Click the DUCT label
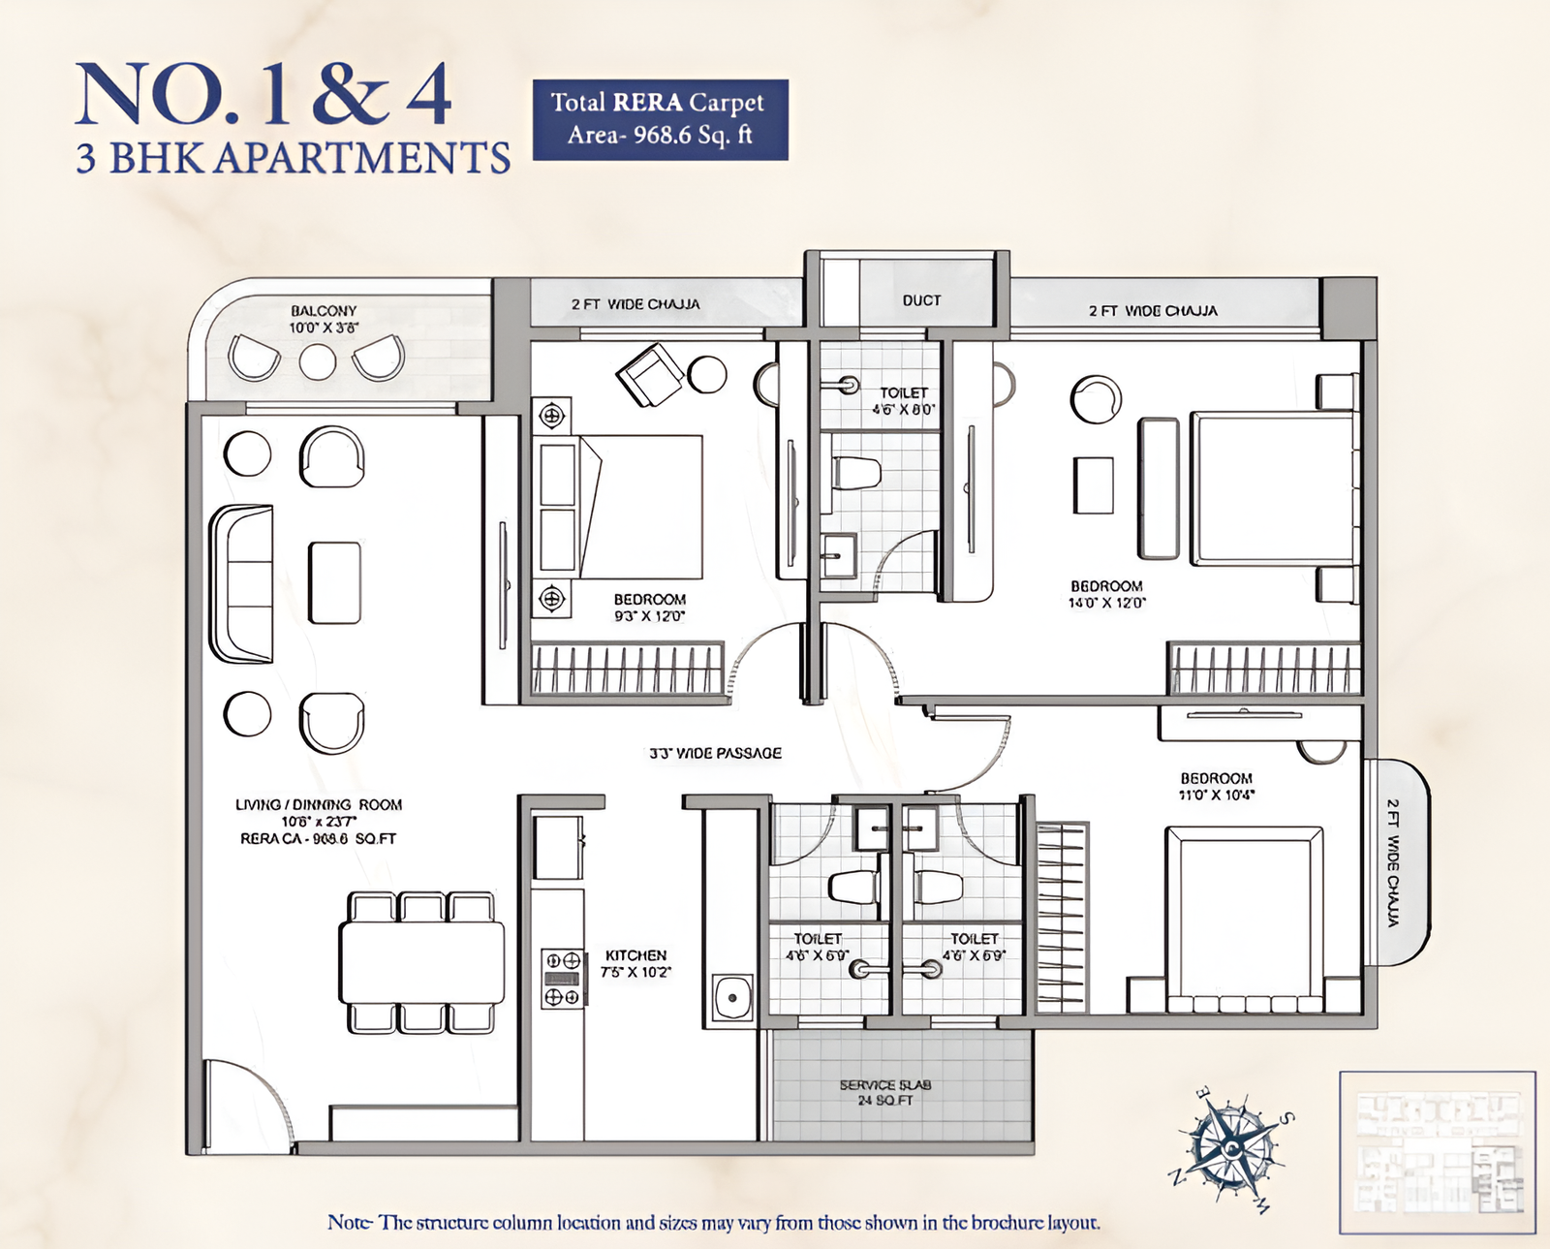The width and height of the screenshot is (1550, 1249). [x=921, y=300]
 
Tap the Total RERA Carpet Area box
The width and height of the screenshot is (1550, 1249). [x=660, y=119]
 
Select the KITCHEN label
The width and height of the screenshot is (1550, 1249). [x=635, y=955]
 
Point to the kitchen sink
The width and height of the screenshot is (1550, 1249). [x=732, y=997]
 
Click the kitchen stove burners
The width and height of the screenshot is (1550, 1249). [x=563, y=979]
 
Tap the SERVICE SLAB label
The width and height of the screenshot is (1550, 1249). [x=885, y=1085]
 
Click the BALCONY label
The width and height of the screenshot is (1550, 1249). [x=324, y=311]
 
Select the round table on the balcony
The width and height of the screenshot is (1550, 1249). [x=317, y=361]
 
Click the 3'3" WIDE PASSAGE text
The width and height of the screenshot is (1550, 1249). [x=715, y=753]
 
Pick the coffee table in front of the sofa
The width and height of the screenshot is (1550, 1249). [x=334, y=582]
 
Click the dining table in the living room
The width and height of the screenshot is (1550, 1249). [x=421, y=963]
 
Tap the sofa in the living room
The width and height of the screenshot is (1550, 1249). [x=242, y=583]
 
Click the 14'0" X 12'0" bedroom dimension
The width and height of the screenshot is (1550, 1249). [x=1106, y=603]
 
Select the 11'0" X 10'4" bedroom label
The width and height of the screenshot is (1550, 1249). [x=1216, y=786]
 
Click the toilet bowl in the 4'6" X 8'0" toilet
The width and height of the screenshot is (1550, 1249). [x=856, y=473]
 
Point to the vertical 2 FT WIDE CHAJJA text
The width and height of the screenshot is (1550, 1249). [x=1392, y=862]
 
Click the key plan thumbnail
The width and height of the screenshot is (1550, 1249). [x=1438, y=1152]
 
